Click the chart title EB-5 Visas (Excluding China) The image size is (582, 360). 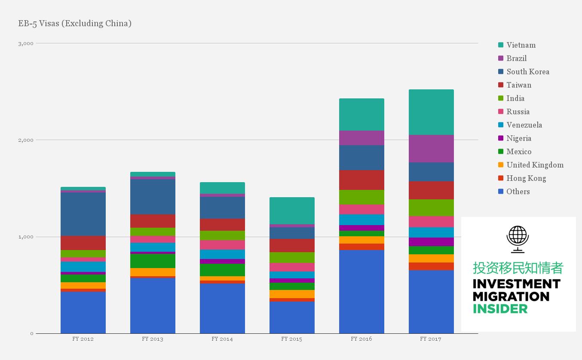tap(75, 23)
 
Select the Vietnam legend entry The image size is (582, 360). tap(521, 45)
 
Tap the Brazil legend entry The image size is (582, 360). tap(516, 58)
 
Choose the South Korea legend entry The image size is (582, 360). tap(527, 72)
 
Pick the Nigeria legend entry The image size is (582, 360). tap(518, 138)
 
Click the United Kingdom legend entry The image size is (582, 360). tap(535, 165)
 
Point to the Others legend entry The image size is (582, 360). tap(518, 192)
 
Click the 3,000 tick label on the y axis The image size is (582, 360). tap(25, 43)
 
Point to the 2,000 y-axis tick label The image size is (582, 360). tap(25, 140)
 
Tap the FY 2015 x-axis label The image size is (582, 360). tap(292, 339)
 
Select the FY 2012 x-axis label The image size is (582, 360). tap(83, 339)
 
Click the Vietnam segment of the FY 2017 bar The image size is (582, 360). tap(431, 112)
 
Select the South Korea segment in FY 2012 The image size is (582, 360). tap(83, 214)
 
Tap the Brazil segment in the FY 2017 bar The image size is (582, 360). tap(431, 149)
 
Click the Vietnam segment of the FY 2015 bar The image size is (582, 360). tap(292, 211)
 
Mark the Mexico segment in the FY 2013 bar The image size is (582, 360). tap(153, 261)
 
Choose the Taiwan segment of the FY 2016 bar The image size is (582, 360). tap(361, 180)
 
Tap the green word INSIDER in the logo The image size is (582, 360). tap(500, 308)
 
